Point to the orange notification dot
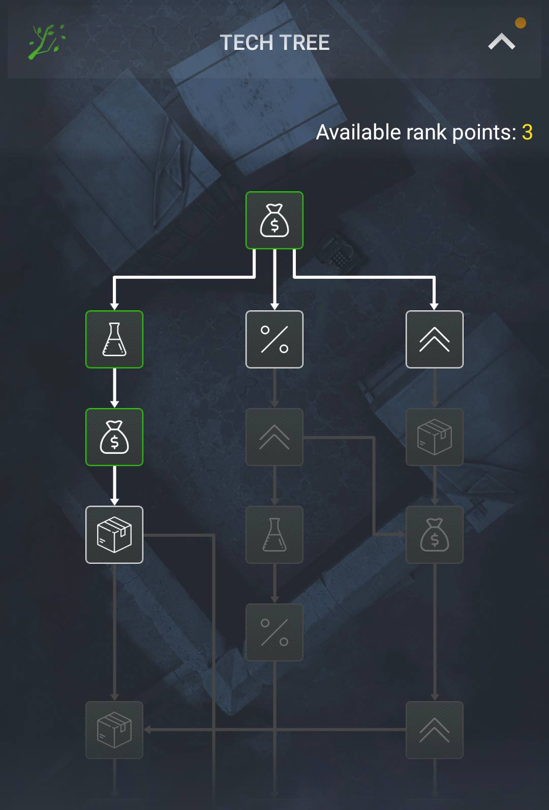[520, 23]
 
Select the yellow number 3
[527, 132]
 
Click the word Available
[358, 132]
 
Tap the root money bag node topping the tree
[274, 220]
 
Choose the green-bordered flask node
[114, 339]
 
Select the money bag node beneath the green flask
[114, 437]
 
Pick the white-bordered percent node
[274, 339]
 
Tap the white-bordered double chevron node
[435, 339]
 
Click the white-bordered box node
[114, 534]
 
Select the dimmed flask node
[274, 534]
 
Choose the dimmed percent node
[274, 632]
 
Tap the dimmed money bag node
[435, 534]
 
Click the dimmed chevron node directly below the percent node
[274, 437]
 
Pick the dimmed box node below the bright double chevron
[435, 437]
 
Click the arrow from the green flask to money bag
[114, 388]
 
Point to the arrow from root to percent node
[274, 279]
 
